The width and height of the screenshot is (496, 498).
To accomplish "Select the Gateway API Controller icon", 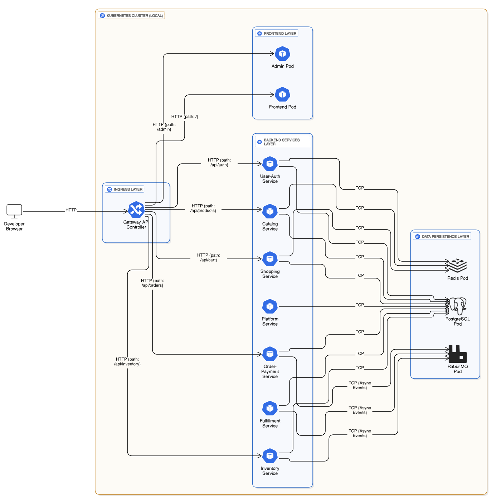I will [x=136, y=210].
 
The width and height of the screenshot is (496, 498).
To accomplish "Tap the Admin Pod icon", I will [x=282, y=54].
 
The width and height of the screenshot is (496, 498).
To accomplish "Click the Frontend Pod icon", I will [x=282, y=94].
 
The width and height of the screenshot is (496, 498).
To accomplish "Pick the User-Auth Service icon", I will [x=270, y=164].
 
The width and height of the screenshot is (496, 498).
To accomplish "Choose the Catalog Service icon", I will [x=270, y=211].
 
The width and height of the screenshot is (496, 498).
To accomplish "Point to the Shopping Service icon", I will [x=270, y=259].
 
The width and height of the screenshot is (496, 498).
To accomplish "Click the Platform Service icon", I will [x=270, y=306].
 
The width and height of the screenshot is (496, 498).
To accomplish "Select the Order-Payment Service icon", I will [x=270, y=354].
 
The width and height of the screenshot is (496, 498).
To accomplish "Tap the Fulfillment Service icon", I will [x=270, y=408].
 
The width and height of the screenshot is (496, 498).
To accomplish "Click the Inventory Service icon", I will [x=270, y=456].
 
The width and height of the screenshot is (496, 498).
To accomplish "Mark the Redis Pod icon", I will [x=457, y=266].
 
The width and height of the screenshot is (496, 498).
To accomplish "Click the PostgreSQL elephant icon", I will [x=458, y=306].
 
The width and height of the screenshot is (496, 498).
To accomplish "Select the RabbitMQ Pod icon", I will [x=458, y=354].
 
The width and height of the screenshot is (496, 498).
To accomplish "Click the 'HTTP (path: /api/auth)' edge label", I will [x=219, y=162].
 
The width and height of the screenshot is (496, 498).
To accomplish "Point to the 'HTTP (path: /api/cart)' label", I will [x=209, y=257].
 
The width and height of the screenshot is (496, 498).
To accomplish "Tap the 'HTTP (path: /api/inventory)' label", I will [x=127, y=361].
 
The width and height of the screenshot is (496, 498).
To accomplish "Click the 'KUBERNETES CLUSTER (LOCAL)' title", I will [x=135, y=16].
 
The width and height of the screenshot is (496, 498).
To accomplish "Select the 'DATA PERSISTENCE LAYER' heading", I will [x=445, y=236].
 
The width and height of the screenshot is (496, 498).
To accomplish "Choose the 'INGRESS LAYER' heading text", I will [x=128, y=189].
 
